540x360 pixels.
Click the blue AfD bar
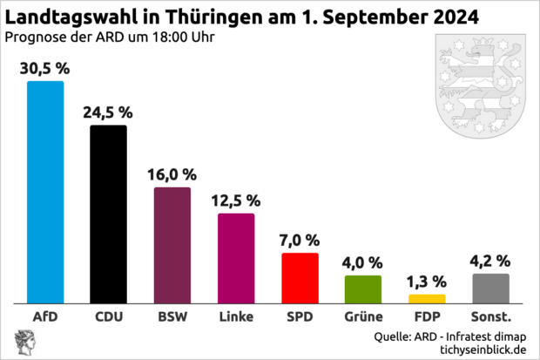45,192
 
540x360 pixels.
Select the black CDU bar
109,214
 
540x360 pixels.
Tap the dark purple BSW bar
172,245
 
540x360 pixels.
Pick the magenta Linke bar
236,257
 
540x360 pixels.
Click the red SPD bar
300,277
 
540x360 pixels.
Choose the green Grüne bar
363,288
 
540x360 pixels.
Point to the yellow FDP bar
427,298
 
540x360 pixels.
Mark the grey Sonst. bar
490,288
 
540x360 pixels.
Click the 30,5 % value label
45,67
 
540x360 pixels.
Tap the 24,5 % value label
109,112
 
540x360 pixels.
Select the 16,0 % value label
172,173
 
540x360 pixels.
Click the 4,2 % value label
490,260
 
